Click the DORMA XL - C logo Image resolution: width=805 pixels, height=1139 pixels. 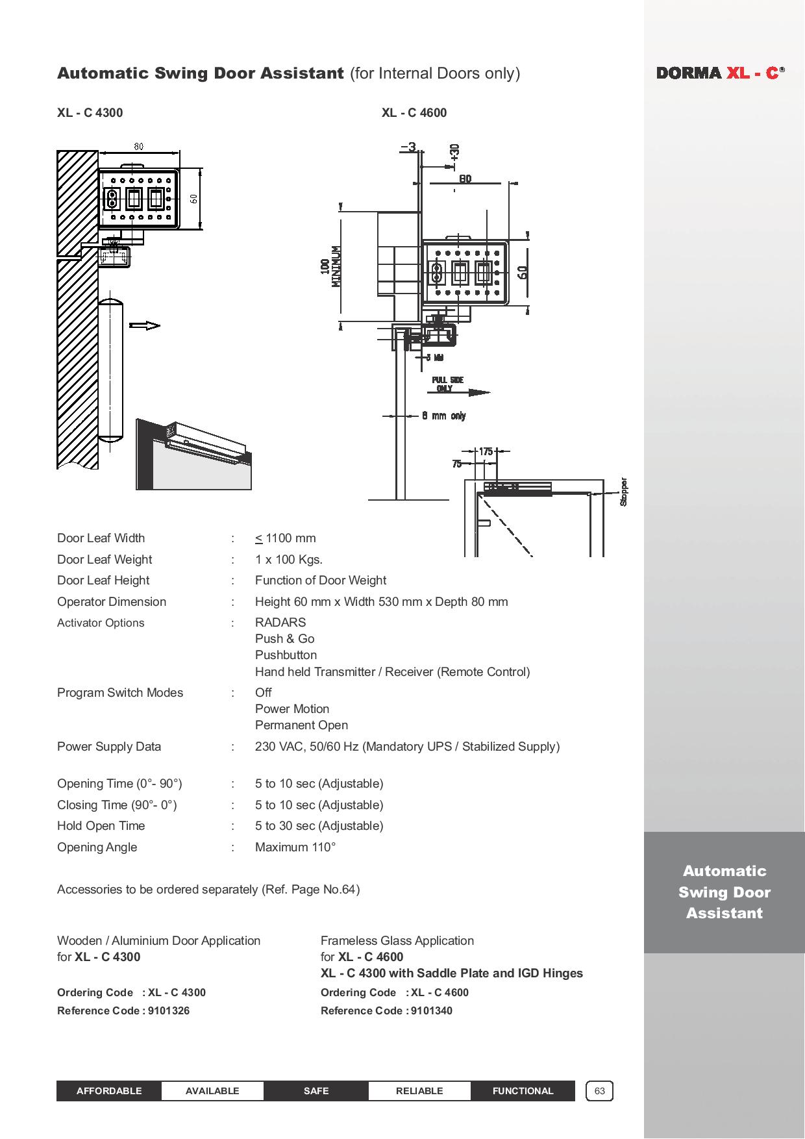pyautogui.click(x=720, y=73)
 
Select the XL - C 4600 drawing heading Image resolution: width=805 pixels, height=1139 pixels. pyautogui.click(x=414, y=112)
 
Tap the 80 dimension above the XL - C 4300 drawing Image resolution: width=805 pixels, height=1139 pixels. pyautogui.click(x=138, y=146)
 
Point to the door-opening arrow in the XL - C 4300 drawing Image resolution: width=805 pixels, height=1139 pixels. pyautogui.click(x=145, y=325)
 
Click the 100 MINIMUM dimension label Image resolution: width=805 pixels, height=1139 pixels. pyautogui.click(x=330, y=266)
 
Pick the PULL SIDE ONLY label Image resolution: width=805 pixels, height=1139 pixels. pyautogui.click(x=447, y=384)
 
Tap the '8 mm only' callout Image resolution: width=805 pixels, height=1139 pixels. pyautogui.click(x=444, y=416)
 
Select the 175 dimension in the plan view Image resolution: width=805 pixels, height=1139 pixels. pyautogui.click(x=486, y=451)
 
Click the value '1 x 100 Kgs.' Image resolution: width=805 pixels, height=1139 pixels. pyautogui.click(x=289, y=559)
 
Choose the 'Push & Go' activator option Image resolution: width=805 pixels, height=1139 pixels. pyautogui.click(x=284, y=638)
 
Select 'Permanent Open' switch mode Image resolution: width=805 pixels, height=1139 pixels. pyautogui.click(x=301, y=725)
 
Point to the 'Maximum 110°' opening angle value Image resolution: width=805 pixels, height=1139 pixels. pyautogui.click(x=295, y=847)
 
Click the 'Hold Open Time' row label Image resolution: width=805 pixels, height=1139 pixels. pyautogui.click(x=101, y=825)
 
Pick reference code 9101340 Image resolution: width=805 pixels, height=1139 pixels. pyautogui.click(x=432, y=1010)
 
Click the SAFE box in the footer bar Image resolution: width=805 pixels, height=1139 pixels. pyautogui.click(x=316, y=1091)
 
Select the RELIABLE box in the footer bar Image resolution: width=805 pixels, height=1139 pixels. pyautogui.click(x=419, y=1091)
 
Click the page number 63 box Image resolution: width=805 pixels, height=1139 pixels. pyautogui.click(x=599, y=1091)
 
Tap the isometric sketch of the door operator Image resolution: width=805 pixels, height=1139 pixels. pyautogui.click(x=193, y=454)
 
